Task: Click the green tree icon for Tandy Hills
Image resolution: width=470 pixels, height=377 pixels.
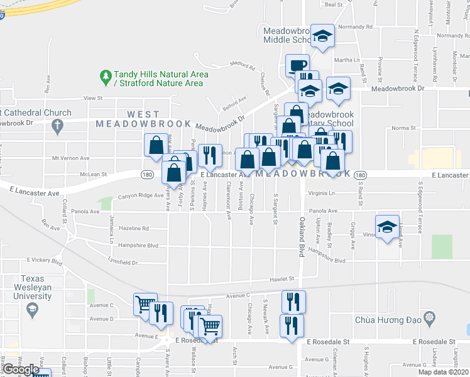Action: click(106, 78)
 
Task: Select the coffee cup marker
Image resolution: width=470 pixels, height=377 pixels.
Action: click(297, 65)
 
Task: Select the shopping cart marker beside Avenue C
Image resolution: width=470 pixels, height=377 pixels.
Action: click(145, 304)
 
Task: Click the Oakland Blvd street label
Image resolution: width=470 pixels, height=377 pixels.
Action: click(302, 232)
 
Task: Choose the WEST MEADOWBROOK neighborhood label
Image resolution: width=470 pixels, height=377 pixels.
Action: click(128, 119)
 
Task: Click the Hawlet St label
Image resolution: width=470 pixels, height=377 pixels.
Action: click(283, 278)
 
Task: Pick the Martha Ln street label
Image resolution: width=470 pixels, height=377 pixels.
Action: click(347, 60)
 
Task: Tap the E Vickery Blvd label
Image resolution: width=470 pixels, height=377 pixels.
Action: click(45, 260)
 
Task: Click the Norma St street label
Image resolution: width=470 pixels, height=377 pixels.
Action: click(400, 128)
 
